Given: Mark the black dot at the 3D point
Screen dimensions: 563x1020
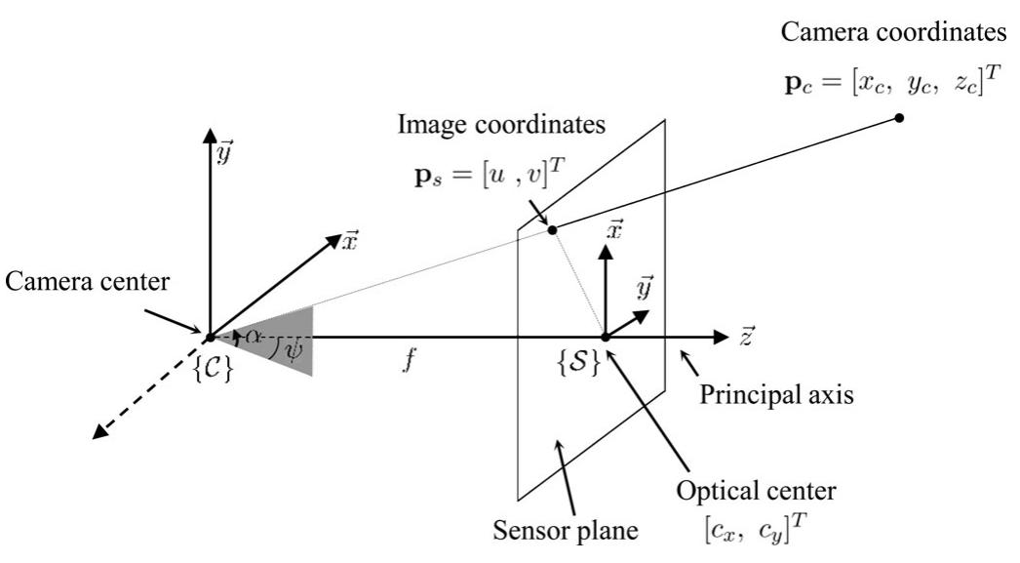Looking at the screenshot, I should pos(899,118).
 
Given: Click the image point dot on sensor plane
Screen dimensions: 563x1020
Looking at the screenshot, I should pos(552,229).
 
